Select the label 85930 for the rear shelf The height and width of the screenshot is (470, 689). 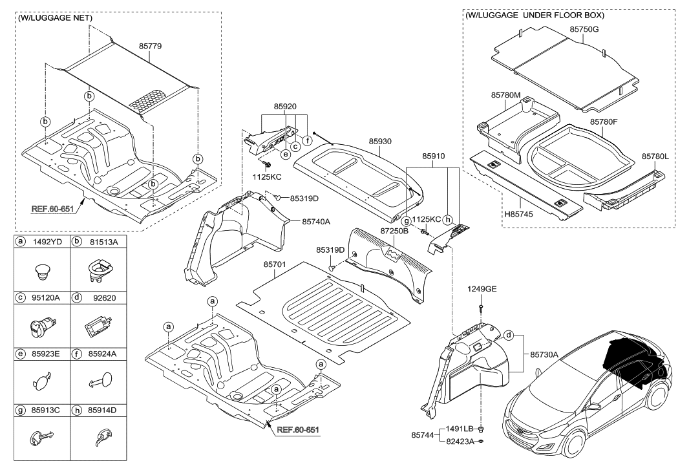point(381,140)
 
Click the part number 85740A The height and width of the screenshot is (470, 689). point(316,221)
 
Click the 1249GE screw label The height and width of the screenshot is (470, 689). point(482,289)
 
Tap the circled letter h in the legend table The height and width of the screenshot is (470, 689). point(78,409)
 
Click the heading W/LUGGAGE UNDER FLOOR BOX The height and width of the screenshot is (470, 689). point(535,14)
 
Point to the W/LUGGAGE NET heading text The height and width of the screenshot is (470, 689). point(54,17)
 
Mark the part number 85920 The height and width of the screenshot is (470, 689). point(284,105)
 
